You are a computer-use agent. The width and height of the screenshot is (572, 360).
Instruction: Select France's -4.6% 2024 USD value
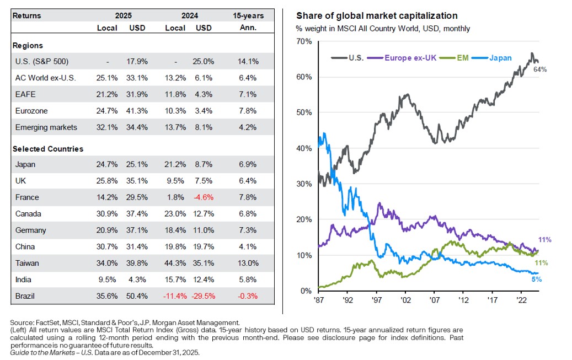[204, 197]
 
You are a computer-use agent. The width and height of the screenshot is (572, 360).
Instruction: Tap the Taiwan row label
[27, 263]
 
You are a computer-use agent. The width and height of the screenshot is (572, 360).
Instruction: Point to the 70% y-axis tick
[305, 41]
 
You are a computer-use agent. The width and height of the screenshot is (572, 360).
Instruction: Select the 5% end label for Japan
[537, 280]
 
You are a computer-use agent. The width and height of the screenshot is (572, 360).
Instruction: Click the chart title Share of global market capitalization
[377, 16]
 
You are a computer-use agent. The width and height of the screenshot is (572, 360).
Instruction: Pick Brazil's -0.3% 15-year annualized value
[249, 295]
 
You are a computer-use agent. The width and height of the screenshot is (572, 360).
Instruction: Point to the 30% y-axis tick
[305, 184]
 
